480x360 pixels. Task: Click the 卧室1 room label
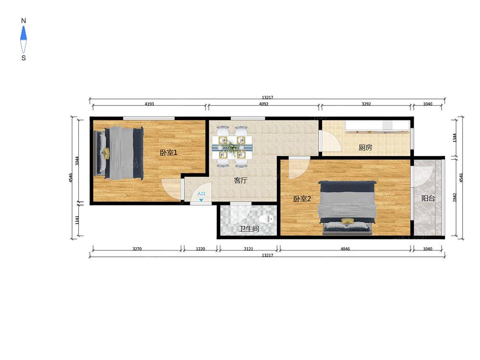pos(168,152)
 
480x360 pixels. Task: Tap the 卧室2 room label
pos(302,199)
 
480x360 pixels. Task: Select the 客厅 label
pos(240,180)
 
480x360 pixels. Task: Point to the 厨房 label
pos(365,147)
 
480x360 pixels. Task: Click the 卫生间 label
pos(249,228)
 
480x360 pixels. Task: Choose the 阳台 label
pos(428,198)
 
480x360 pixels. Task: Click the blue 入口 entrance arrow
pos(201,200)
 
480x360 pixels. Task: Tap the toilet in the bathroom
pos(266,219)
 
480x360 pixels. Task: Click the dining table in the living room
pos(232,146)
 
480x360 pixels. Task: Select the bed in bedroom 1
pos(119,153)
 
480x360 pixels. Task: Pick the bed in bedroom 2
pos(347,208)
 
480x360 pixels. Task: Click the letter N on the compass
pos(24,21)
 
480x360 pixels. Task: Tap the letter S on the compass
pos(24,58)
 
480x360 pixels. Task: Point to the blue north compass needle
pos(24,33)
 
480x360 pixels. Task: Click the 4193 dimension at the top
pos(149,104)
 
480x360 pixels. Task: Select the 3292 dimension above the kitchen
pos(366,104)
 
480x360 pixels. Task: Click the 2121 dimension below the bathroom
pos(249,249)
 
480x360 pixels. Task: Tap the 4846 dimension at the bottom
pos(345,249)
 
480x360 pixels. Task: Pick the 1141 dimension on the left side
pos(77,220)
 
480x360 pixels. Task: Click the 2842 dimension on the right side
pos(455,197)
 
